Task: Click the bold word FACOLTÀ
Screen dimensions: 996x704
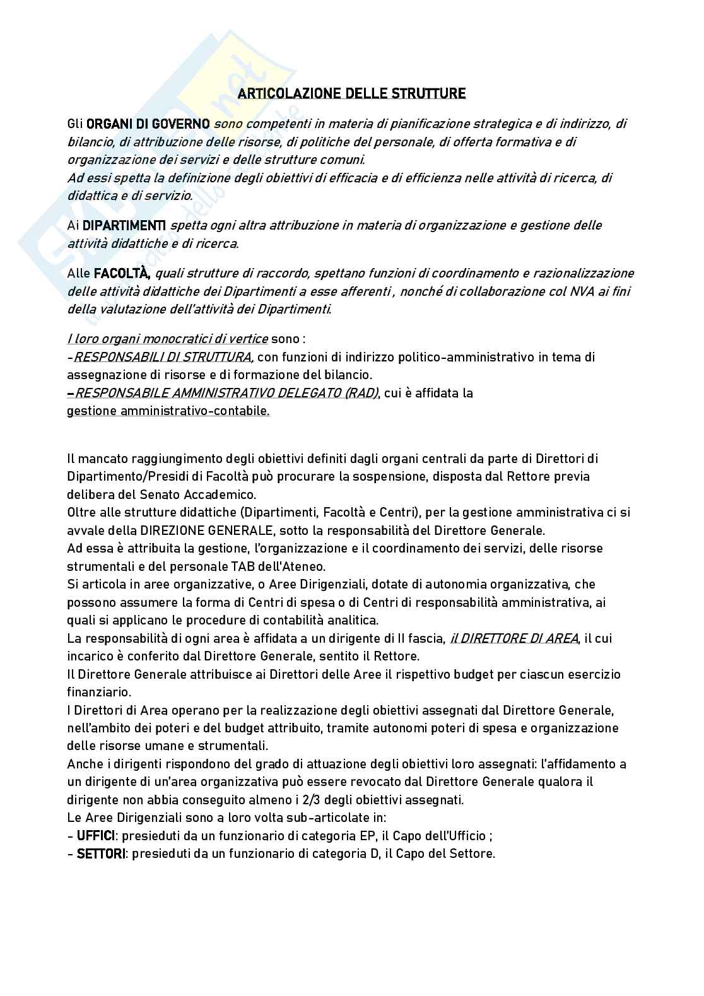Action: coord(121,273)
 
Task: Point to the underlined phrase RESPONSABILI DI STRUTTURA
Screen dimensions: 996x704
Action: coord(163,357)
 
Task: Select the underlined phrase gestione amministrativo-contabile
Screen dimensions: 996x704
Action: coord(168,411)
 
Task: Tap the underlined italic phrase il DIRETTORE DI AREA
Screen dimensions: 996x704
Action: coord(514,638)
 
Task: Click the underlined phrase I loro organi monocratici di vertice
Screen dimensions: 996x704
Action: coord(168,339)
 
